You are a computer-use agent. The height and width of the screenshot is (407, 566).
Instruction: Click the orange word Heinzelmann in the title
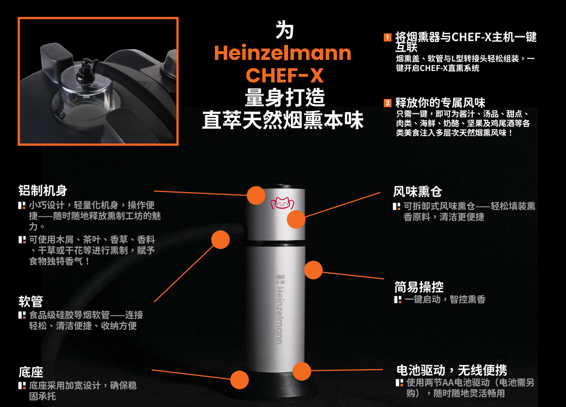coord(283,53)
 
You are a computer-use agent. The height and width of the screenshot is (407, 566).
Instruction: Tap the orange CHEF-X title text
coord(284,75)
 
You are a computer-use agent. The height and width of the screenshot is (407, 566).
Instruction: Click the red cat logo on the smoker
coord(282,203)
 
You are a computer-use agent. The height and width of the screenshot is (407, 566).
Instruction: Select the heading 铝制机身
coord(43,190)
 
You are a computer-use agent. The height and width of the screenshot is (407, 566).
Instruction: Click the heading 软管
coord(30,301)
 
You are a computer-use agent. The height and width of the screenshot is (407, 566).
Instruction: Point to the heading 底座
coord(30,372)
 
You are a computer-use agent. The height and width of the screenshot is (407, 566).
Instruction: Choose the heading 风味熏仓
coord(417,191)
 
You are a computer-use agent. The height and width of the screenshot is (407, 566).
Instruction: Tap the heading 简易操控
coord(419,287)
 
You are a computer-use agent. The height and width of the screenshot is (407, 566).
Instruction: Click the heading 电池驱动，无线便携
coord(451,370)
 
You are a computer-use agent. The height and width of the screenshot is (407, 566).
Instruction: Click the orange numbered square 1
coord(387,37)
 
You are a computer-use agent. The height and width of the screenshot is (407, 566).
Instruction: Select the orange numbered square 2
coord(387,103)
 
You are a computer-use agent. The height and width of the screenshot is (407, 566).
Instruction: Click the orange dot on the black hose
coord(220,240)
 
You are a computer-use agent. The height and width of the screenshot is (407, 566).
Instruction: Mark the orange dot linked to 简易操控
coord(313,270)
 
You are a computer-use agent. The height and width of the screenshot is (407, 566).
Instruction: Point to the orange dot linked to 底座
coord(239,379)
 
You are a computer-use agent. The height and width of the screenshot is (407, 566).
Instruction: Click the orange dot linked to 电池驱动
coord(302,371)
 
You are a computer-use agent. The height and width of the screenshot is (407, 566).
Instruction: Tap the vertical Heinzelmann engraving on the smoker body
coord(280,309)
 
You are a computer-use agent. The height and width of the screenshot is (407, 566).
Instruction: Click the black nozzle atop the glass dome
coord(86,69)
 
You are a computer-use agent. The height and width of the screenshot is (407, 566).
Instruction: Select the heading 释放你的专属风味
coord(440,103)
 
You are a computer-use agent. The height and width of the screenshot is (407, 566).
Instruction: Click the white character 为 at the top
coord(284,30)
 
